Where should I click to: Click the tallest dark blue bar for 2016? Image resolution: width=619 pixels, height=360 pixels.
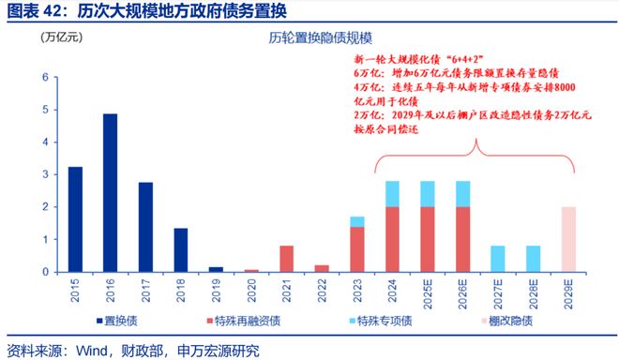pyautogui.click(x=110, y=193)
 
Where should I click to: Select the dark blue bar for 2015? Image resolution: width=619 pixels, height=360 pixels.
pyautogui.click(x=75, y=219)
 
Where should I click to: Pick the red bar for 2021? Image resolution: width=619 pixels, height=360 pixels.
pyautogui.click(x=287, y=259)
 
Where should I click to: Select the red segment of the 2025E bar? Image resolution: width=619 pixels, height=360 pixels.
pyautogui.click(x=429, y=239)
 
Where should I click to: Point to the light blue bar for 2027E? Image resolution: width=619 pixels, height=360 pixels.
pyautogui.click(x=499, y=259)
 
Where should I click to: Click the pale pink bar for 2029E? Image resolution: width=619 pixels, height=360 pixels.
pyautogui.click(x=569, y=239)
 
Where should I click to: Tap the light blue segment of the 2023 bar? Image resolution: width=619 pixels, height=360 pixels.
pyautogui.click(x=357, y=221)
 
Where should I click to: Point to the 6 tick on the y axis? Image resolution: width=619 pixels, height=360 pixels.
pyautogui.click(x=45, y=77)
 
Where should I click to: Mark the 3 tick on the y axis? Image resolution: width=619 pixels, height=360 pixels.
pyautogui.click(x=45, y=174)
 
